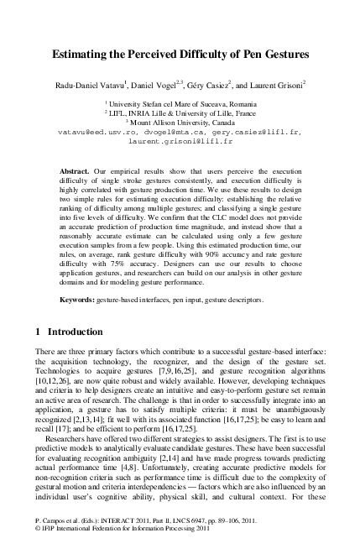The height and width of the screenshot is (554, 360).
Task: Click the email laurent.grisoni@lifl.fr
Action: tap(179, 141)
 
